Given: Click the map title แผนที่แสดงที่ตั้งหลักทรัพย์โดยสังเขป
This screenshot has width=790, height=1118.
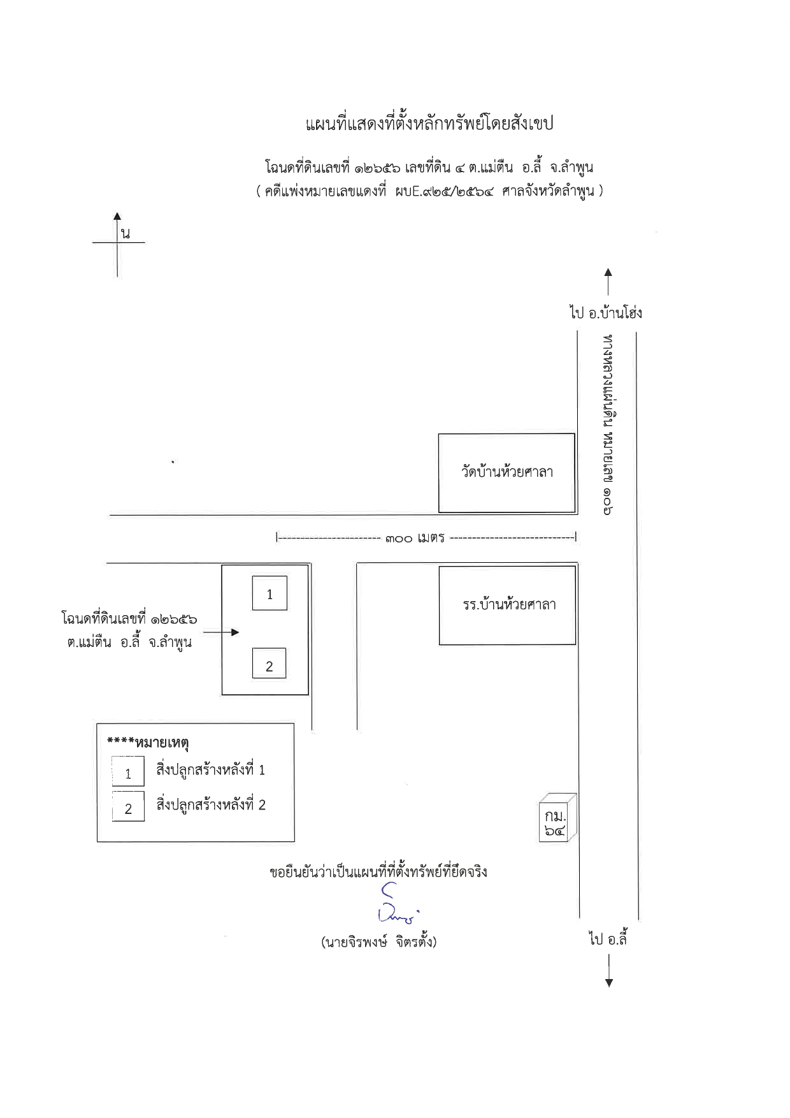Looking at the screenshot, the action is (x=429, y=123).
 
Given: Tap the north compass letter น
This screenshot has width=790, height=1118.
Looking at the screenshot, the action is (x=126, y=233).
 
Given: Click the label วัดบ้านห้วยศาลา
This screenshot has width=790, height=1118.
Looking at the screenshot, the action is (x=507, y=472).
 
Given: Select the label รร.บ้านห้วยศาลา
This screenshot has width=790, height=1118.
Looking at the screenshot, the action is (x=509, y=604).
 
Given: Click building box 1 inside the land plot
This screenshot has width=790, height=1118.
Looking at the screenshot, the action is (x=269, y=593).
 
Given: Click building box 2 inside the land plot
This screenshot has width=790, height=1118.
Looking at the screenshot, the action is (x=269, y=664).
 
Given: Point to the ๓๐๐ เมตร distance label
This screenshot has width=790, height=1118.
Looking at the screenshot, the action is (x=415, y=538).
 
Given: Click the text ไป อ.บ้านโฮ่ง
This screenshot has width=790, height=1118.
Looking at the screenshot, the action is (x=605, y=312).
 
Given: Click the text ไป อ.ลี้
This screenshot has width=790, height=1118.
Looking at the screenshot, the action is (x=608, y=939).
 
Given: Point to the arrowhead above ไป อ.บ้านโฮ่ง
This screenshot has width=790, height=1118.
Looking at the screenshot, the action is (x=608, y=273).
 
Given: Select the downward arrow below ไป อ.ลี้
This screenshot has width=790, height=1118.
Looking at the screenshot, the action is (x=609, y=970).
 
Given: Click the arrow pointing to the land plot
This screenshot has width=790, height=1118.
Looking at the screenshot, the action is (x=221, y=632).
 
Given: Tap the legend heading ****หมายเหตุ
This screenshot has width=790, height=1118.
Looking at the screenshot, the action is (x=148, y=743).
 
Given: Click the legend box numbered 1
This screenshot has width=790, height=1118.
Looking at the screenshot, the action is (x=128, y=771).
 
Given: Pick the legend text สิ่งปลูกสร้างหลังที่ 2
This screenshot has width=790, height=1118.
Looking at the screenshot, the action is (x=211, y=805).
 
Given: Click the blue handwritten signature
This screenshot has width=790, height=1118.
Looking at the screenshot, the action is (x=397, y=904).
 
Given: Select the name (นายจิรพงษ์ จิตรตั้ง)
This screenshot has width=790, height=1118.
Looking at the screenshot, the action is (x=379, y=942).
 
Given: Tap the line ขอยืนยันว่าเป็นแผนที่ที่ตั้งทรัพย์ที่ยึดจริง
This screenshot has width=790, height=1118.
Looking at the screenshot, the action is (x=378, y=871).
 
